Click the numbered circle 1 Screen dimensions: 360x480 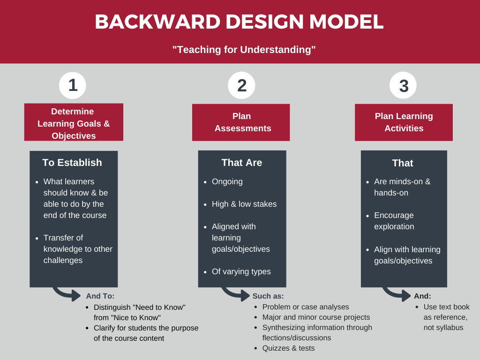tap(73, 85)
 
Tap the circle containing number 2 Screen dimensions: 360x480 tap(241, 85)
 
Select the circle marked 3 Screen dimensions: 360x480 tap(403, 86)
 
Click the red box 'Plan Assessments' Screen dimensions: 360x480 tap(241, 122)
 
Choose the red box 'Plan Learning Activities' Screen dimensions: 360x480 tap(404, 122)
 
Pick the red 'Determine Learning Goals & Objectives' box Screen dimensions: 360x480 tap(74, 122)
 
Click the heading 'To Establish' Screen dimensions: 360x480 tap(72, 163)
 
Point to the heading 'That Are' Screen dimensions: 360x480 tap(242, 163)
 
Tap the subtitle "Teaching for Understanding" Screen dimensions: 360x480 tap(244, 49)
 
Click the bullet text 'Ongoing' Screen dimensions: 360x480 tap(227, 181)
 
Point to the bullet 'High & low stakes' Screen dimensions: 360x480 tap(244, 204)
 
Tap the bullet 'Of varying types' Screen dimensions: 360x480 tap(241, 271)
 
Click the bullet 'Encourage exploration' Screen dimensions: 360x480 tap(394, 221)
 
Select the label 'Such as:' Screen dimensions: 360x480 tap(268, 296)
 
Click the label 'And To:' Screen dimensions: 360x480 tap(100, 296)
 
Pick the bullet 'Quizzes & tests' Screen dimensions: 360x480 tap(289, 348)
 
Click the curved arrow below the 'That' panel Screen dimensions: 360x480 tap(397, 294)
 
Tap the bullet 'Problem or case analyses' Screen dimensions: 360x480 tap(306, 307)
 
